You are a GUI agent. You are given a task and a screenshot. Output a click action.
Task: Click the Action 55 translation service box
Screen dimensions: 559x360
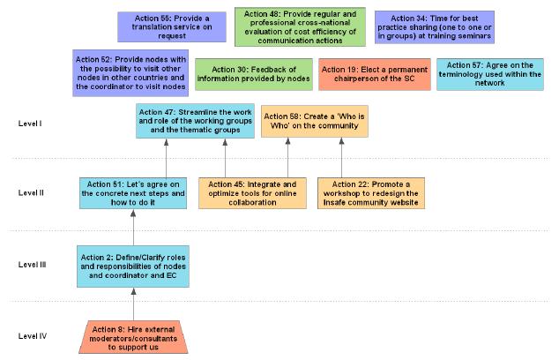(172, 26)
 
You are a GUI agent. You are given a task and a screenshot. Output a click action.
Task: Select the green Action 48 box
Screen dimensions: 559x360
(300, 27)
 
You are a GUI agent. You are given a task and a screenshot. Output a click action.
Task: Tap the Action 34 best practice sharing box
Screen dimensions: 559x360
(435, 27)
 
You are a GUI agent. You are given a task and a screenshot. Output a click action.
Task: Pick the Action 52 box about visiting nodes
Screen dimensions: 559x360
(130, 72)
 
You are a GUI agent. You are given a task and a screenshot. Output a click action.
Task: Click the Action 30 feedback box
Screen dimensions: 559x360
(254, 74)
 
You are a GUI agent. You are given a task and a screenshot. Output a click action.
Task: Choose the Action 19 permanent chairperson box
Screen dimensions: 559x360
(375, 74)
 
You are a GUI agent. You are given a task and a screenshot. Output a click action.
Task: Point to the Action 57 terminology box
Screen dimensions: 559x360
(490, 74)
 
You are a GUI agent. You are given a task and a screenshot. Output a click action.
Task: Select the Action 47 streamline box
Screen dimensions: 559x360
(196, 121)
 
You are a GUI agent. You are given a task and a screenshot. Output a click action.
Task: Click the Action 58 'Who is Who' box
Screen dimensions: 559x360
(315, 121)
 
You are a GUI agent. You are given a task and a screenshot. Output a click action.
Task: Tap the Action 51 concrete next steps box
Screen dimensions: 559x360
(133, 193)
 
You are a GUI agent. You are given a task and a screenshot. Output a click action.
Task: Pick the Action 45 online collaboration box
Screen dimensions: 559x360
(252, 193)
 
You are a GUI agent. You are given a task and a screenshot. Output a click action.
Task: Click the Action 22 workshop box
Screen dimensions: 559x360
(371, 193)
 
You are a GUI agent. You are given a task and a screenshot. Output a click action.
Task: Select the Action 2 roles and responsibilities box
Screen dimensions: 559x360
(133, 266)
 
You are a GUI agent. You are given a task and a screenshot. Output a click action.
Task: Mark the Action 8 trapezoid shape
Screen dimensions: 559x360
(133, 337)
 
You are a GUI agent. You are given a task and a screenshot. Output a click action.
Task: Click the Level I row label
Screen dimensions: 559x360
(30, 124)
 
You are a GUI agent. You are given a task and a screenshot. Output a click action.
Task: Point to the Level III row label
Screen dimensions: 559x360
(32, 265)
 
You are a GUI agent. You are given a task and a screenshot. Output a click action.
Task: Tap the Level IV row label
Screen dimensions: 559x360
(33, 336)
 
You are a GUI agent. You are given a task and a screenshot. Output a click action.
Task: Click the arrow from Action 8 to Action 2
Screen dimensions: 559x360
(134, 304)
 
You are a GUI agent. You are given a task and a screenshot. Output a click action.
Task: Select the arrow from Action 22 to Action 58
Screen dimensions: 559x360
(341, 158)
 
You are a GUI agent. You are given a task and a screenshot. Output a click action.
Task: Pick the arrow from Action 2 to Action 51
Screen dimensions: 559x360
(133, 228)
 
